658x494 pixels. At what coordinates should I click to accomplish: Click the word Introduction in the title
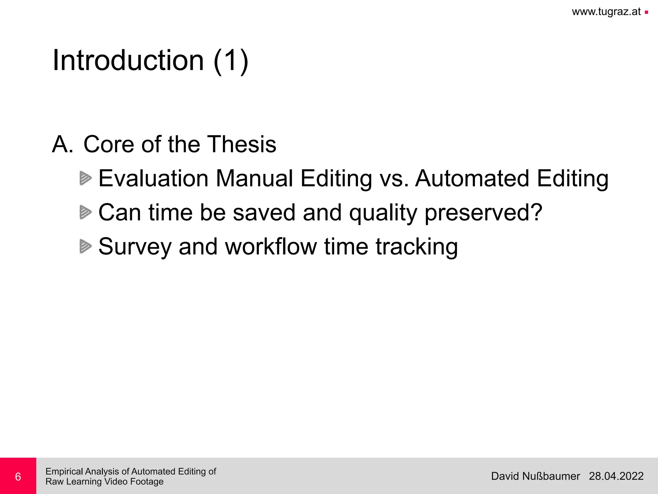(128, 60)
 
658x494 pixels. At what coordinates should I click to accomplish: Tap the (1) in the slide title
(231, 61)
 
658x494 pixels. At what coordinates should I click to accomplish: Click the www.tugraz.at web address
(606, 12)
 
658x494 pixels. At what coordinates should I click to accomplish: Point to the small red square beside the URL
(646, 13)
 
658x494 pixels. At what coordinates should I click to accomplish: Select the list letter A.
(63, 144)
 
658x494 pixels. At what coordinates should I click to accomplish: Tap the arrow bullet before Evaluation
(85, 178)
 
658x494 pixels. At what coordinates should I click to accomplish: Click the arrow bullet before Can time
(85, 212)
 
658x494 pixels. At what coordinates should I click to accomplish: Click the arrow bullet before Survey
(85, 246)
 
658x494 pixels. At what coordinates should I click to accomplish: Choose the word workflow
(271, 247)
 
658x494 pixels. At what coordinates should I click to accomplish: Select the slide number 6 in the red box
(18, 477)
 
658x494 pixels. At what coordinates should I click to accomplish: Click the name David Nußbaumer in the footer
(535, 476)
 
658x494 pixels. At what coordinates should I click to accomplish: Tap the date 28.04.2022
(616, 476)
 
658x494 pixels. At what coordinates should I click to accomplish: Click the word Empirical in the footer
(64, 472)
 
